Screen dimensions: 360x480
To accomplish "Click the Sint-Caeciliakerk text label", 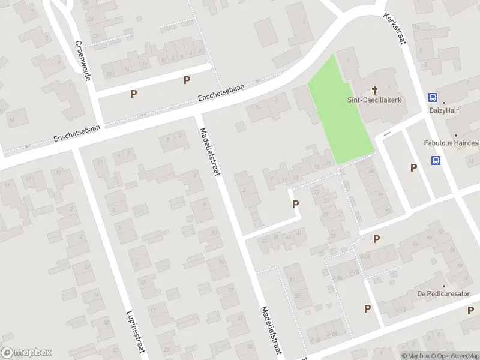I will coord(374,100).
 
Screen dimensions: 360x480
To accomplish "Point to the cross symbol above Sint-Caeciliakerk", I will coord(375,90).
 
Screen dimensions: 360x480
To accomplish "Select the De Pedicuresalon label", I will coord(444,294).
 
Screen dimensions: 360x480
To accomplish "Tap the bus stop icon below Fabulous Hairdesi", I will coord(436,160).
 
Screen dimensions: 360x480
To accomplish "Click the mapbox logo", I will coord(26,353).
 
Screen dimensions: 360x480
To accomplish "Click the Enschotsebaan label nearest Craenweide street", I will coord(77,133).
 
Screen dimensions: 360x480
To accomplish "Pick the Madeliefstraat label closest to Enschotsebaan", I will coord(209,144).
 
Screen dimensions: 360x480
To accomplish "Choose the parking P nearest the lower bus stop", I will coord(413,168).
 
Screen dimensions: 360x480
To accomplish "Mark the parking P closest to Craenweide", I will coord(133,94).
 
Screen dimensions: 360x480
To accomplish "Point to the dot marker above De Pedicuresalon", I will coord(444,286).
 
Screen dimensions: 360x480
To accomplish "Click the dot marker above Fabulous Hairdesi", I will coord(455,136).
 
